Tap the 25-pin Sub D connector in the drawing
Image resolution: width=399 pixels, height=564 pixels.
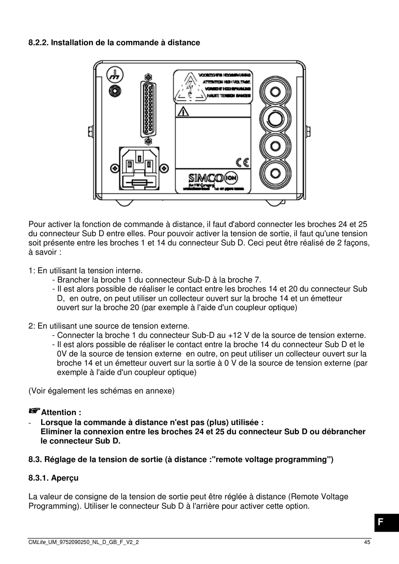(147, 109)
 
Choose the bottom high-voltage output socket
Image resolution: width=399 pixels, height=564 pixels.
(275, 173)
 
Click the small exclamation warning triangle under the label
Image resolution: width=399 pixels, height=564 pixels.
(184, 112)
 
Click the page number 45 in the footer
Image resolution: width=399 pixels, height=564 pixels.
(367, 542)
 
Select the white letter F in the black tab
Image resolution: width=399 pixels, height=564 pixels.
(380, 522)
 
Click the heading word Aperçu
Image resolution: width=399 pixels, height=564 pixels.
(65, 478)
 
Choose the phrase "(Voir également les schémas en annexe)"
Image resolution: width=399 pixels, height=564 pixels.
(101, 391)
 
